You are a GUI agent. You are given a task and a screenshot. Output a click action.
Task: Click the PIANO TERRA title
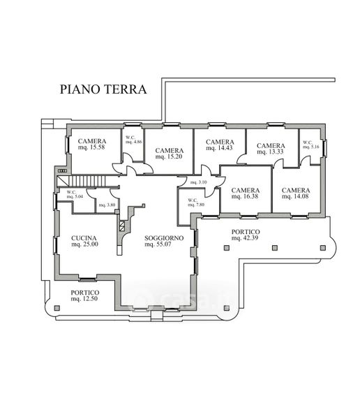[x=103, y=89]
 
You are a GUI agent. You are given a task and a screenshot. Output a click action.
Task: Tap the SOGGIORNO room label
[x=164, y=238]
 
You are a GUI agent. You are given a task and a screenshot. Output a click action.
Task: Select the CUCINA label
[x=84, y=238]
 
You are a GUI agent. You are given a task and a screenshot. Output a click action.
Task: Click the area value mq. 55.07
[x=158, y=244]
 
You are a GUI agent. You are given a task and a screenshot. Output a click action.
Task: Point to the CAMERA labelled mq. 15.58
[x=92, y=141]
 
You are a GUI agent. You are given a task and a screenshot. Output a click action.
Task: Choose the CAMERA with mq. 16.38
[x=246, y=190]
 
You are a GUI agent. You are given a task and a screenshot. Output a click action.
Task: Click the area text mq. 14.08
[x=295, y=196]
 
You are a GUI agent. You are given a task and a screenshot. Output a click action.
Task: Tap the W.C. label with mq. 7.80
[x=193, y=200]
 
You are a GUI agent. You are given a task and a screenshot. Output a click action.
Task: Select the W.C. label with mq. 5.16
[x=308, y=142]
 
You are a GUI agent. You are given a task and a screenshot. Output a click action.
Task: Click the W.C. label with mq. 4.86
[x=130, y=138]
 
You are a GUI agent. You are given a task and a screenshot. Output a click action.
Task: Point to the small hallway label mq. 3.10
[x=198, y=182]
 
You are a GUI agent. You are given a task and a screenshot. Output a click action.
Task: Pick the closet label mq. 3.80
[x=107, y=205]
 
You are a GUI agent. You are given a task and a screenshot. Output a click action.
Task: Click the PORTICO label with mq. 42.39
[x=246, y=232]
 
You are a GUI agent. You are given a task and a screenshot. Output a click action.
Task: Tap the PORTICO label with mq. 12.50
[x=85, y=293]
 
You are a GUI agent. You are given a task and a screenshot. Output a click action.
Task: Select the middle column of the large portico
[x=275, y=248]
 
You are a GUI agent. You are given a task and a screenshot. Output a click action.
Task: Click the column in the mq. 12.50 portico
[x=57, y=308]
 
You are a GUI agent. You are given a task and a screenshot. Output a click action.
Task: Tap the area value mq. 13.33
[x=270, y=152]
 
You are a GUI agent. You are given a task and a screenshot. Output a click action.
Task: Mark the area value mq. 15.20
[x=169, y=156]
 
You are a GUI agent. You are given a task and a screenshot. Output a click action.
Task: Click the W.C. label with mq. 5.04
[x=71, y=192]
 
